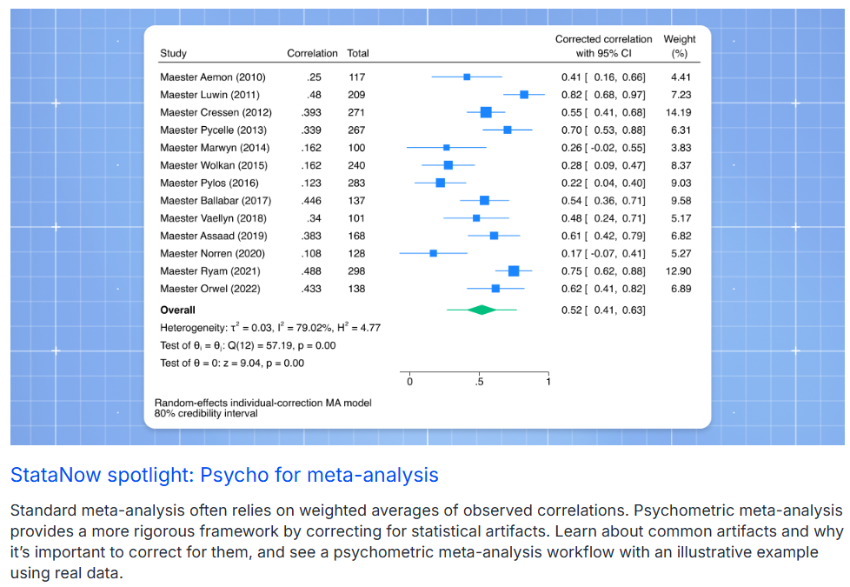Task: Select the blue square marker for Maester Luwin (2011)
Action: click(x=524, y=94)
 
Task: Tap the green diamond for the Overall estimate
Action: click(x=481, y=310)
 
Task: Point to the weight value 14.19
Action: click(x=679, y=112)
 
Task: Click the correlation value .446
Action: click(x=311, y=201)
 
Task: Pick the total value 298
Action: click(x=356, y=271)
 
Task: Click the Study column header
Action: click(x=173, y=54)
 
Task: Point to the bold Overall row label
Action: click(x=177, y=310)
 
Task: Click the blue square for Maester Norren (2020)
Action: click(x=433, y=253)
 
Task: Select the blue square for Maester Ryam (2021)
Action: click(x=514, y=271)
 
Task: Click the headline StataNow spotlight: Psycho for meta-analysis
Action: click(x=224, y=475)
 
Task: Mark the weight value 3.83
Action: click(x=681, y=148)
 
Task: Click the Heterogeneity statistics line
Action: click(x=270, y=328)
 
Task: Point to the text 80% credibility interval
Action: click(x=206, y=413)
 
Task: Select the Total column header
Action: click(x=358, y=54)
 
